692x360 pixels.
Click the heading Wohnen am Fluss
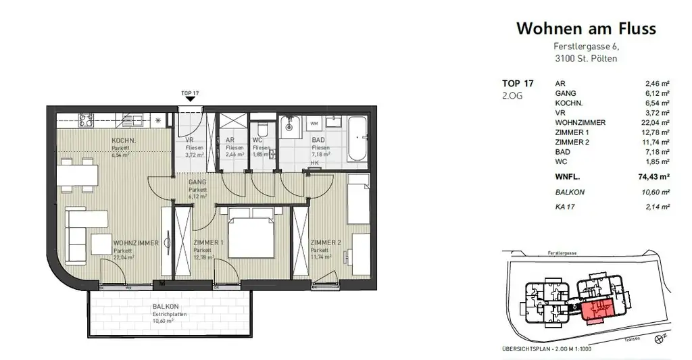586,28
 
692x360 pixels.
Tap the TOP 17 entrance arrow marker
191,99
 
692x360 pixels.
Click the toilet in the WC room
262,130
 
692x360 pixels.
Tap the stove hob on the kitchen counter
86,120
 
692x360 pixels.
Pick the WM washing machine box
314,124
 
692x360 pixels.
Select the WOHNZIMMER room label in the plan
136,243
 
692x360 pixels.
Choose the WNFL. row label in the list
569,178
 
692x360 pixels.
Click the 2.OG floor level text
512,96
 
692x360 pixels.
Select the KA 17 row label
565,207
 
